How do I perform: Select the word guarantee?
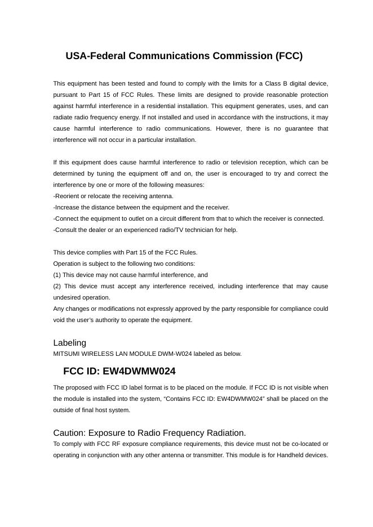(287, 129)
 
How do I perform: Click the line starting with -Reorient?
(113, 196)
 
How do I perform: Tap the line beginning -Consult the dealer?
(145, 230)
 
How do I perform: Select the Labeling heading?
(70, 343)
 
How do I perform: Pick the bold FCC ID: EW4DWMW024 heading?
(119, 372)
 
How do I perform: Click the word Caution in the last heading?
(69, 433)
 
